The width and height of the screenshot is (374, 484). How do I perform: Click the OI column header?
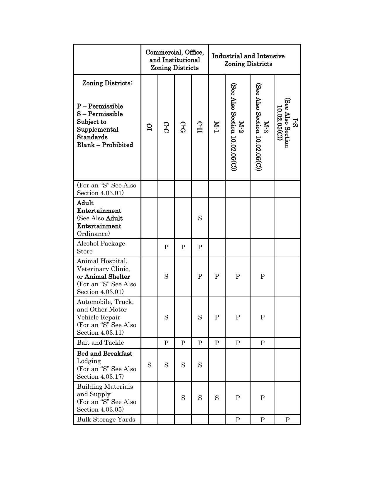[149, 127]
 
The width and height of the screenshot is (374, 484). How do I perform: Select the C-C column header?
[166, 127]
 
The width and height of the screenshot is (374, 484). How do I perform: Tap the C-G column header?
[183, 127]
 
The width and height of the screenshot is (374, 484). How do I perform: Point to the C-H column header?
[200, 127]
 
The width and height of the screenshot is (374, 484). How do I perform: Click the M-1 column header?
[216, 127]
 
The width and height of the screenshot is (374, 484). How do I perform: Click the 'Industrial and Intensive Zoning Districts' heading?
[248, 60]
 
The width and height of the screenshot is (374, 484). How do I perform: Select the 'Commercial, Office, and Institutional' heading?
[175, 60]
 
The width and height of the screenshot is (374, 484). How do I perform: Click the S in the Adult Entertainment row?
[200, 218]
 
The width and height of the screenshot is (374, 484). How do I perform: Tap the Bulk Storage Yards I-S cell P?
[287, 420]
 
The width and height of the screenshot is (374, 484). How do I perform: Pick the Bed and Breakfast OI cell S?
[149, 365]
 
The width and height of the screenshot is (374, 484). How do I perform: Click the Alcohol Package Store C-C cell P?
[166, 247]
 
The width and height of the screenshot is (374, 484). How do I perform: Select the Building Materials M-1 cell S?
[216, 398]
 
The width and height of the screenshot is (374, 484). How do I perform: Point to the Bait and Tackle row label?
[100, 343]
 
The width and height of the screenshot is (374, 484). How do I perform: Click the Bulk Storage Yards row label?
[106, 419]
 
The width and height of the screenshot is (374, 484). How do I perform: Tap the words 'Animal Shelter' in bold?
[107, 277]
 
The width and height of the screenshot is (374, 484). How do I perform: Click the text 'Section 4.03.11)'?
[100, 333]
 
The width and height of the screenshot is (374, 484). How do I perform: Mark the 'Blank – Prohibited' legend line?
[105, 145]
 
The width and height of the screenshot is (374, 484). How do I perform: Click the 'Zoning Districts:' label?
[107, 83]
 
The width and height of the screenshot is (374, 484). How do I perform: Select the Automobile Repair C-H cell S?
[200, 317]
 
